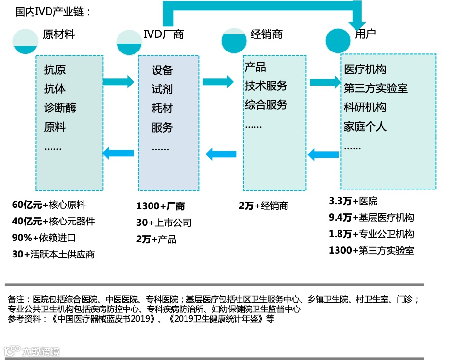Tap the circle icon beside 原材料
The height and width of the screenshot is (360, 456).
(x=25, y=42)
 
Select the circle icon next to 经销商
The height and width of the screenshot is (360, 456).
(x=234, y=40)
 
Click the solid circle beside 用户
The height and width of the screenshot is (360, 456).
(x=338, y=41)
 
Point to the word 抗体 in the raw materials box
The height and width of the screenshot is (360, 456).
(x=55, y=89)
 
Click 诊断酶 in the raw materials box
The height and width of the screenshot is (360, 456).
(x=60, y=108)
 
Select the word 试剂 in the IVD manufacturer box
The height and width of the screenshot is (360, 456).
(x=162, y=89)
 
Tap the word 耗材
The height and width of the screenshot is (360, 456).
(x=162, y=108)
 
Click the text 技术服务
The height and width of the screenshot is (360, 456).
(x=266, y=86)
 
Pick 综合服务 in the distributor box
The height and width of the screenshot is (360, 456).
(x=266, y=105)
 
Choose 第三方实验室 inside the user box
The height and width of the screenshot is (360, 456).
(x=376, y=88)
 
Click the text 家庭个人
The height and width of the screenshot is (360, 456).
(x=365, y=127)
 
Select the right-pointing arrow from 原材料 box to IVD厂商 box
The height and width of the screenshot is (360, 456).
(x=118, y=82)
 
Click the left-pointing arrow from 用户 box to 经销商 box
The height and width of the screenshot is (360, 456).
(x=324, y=154)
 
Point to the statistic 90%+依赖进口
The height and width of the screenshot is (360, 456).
(x=44, y=238)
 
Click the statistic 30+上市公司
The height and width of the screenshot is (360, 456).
(x=164, y=223)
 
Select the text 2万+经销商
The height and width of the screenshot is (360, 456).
(x=263, y=206)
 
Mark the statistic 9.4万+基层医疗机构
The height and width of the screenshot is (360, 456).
(x=372, y=218)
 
